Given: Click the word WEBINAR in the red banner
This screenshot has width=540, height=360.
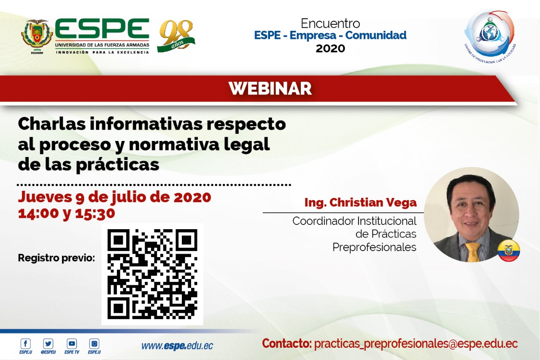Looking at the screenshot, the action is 270,89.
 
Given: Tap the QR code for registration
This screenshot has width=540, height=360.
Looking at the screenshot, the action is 152,274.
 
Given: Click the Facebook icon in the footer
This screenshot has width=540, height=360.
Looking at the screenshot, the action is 26,344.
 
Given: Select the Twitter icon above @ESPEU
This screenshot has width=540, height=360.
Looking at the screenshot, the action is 48,344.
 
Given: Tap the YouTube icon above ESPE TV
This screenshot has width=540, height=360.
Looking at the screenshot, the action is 72,344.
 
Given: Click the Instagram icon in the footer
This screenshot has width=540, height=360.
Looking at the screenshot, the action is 94,344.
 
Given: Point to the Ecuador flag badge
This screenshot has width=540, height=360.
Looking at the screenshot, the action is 509,251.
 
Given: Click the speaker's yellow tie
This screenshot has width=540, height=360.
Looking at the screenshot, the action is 472,252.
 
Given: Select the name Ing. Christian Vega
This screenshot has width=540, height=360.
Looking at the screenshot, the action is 360,203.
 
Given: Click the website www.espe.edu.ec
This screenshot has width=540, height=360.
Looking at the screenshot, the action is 177,346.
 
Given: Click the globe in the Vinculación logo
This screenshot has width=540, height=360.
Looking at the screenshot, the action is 489,33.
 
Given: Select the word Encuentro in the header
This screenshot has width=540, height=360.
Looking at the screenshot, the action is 330,23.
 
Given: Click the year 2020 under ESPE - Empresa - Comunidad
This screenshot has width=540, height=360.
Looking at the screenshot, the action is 330,49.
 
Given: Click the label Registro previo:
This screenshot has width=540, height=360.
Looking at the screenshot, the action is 57,258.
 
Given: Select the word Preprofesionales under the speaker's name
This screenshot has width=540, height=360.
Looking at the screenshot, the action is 374,247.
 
